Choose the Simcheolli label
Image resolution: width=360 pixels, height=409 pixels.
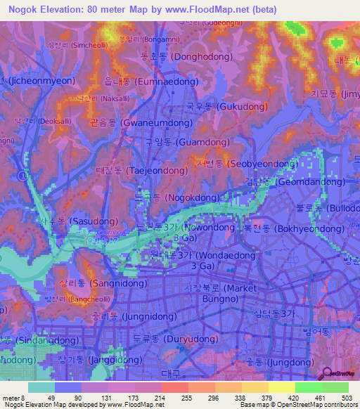(72, 44)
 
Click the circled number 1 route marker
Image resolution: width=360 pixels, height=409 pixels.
(23, 174)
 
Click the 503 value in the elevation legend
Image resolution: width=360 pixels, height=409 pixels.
(346, 398)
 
